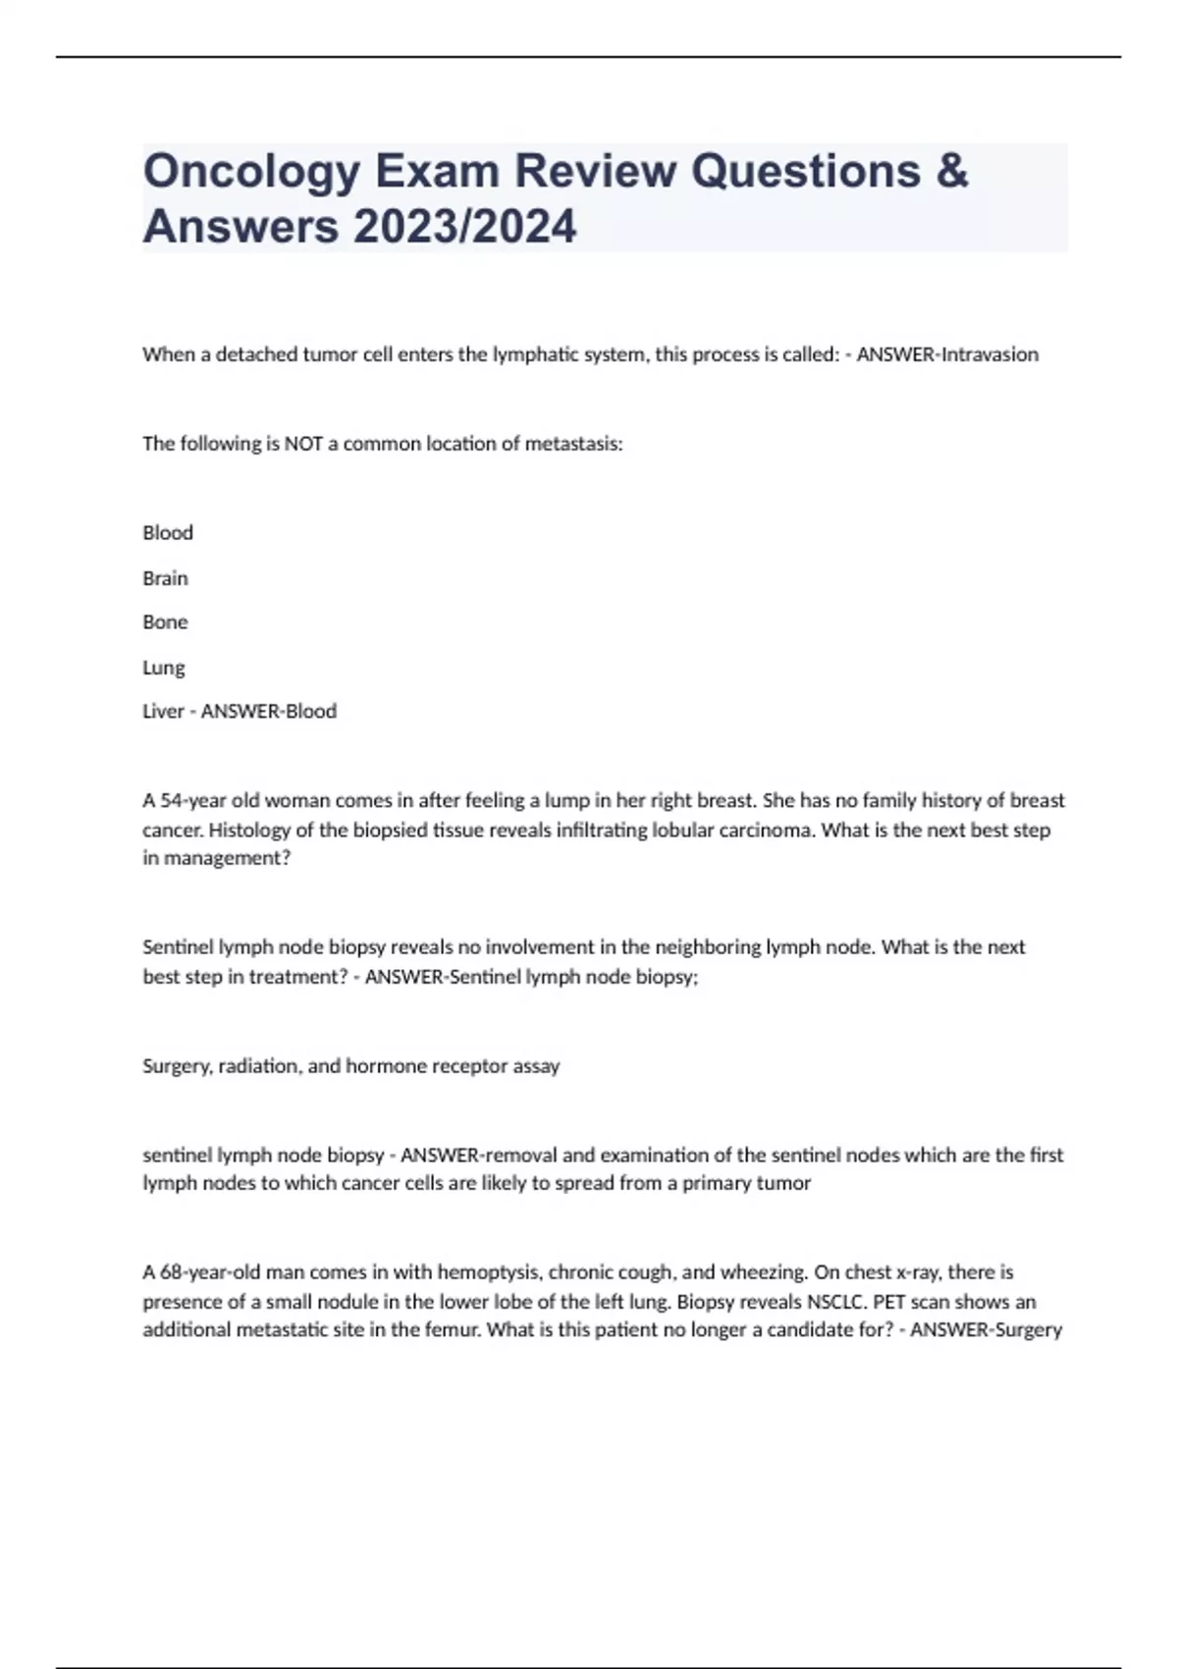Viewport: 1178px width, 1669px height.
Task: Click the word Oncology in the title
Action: pyautogui.click(x=251, y=173)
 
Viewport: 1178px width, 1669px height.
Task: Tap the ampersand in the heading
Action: pyautogui.click(x=951, y=171)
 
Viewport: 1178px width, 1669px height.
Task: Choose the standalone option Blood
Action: pyautogui.click(x=168, y=533)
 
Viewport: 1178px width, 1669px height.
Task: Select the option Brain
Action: pyautogui.click(x=165, y=578)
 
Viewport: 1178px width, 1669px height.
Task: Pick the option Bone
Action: pyautogui.click(x=165, y=622)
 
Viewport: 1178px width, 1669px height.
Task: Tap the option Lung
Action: pyautogui.click(x=163, y=668)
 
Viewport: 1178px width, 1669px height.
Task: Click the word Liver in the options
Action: pyautogui.click(x=163, y=711)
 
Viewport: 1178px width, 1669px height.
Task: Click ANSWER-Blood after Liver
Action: pyautogui.click(x=269, y=711)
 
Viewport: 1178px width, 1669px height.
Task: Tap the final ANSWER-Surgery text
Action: pyautogui.click(x=986, y=1330)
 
